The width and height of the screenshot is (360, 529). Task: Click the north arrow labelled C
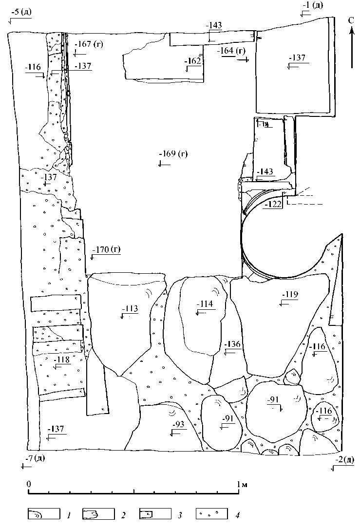tap(351, 44)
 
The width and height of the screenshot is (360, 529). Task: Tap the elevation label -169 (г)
tap(173, 155)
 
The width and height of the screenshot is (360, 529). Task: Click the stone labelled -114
tap(204, 304)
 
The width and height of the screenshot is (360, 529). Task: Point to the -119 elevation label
tap(290, 295)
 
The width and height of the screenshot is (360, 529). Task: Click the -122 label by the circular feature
tap(273, 205)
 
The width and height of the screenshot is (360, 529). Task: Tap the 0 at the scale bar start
tap(29, 485)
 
